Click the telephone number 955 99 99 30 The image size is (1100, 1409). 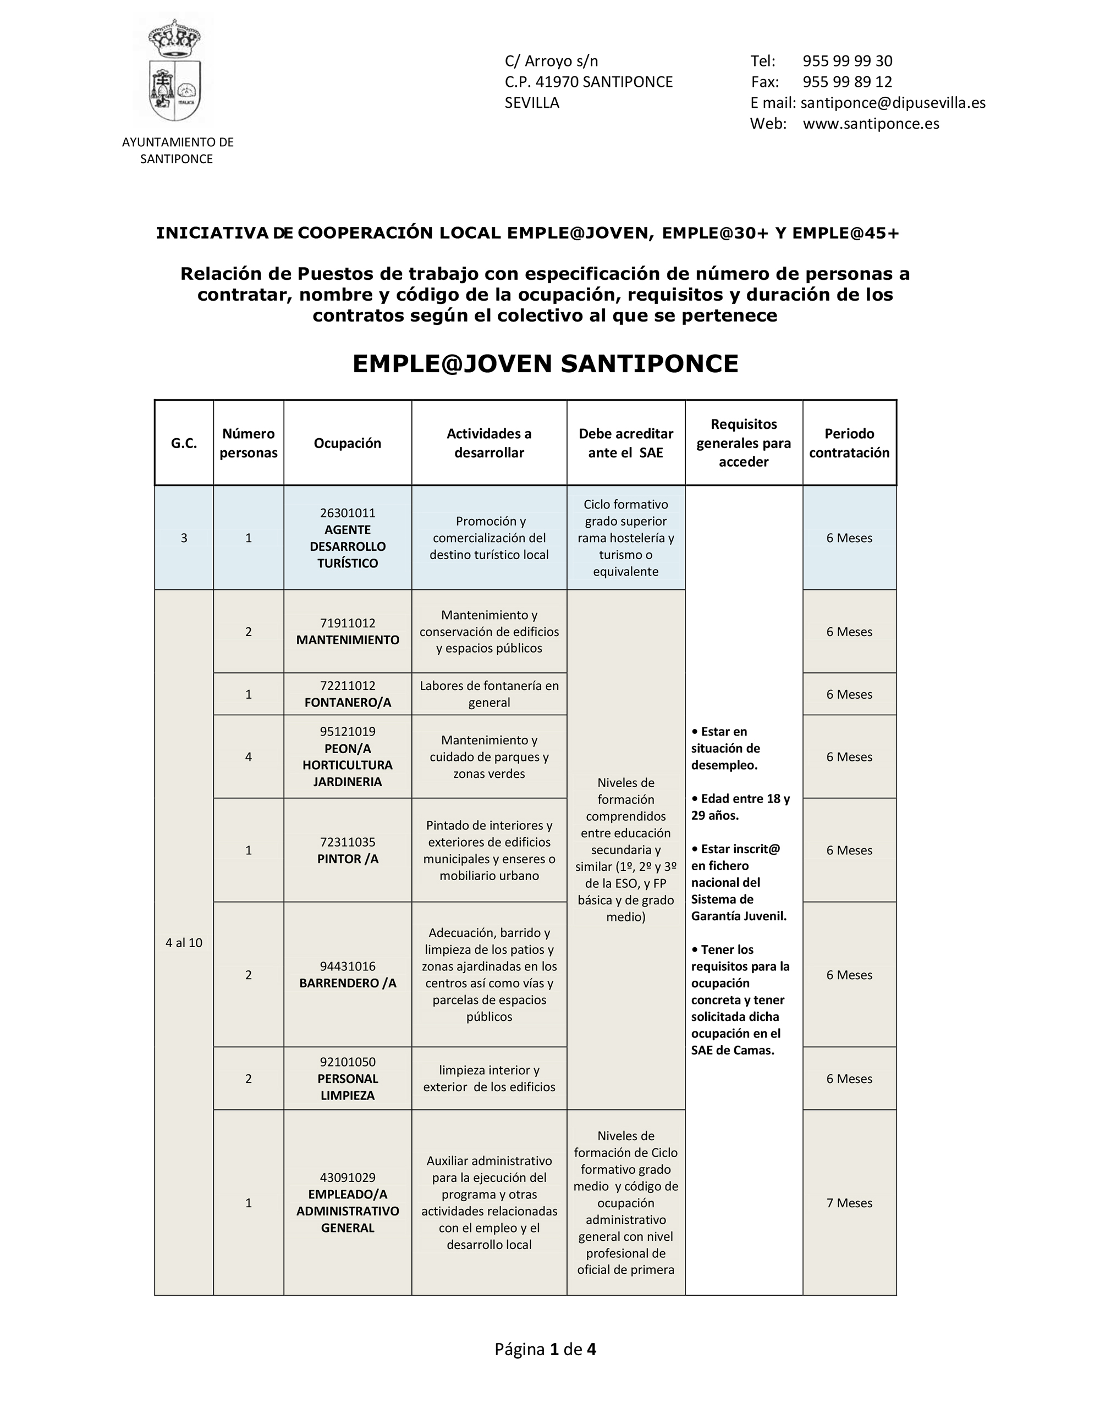click(847, 61)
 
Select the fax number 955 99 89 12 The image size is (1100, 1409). click(847, 82)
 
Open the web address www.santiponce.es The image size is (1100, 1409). click(871, 124)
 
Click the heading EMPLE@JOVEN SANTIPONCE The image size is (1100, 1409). click(546, 364)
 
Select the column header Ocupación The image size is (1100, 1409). click(347, 443)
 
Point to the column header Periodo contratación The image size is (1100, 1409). click(849, 443)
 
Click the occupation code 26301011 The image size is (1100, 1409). click(347, 513)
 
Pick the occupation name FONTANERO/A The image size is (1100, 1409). click(347, 703)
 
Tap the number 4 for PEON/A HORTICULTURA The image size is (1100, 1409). click(249, 757)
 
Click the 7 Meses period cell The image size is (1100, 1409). click(849, 1202)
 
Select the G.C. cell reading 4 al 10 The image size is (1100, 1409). click(184, 943)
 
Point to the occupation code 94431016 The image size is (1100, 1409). click(347, 966)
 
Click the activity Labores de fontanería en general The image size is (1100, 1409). click(488, 694)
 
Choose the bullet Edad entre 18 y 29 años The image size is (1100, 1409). click(740, 807)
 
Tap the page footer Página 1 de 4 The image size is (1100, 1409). click(546, 1349)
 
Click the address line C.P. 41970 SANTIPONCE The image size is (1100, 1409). click(588, 82)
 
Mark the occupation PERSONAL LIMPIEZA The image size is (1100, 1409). click(347, 1087)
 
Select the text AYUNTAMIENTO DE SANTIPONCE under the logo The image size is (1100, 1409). click(178, 150)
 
